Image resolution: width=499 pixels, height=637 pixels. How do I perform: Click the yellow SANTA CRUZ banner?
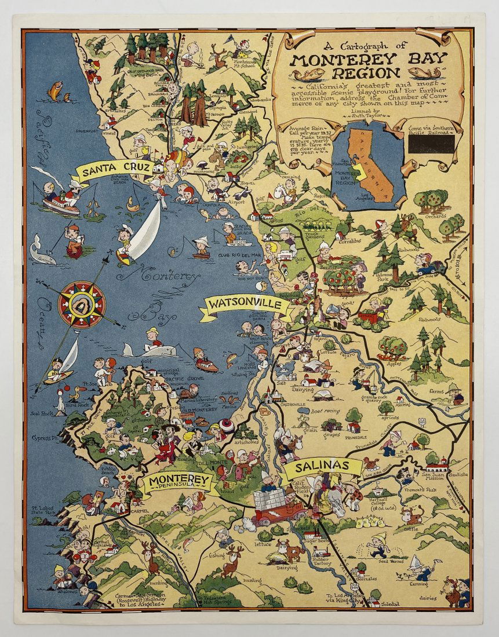(116, 171)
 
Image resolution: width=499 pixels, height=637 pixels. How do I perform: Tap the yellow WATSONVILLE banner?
(246, 304)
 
